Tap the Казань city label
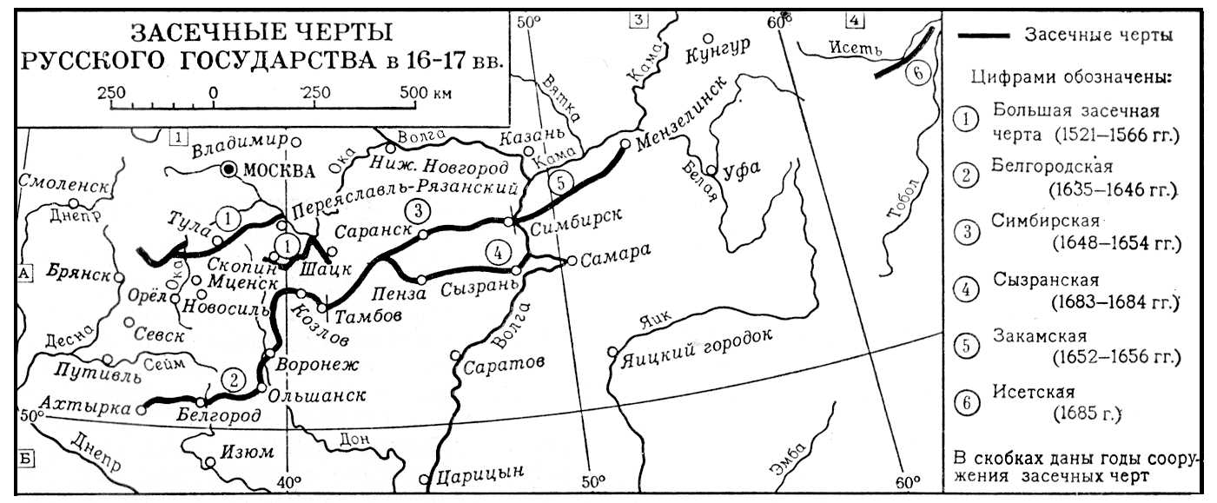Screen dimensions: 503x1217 pos(532,136)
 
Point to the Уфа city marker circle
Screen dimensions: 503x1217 pos(711,171)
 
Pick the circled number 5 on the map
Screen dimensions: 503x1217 pos(561,183)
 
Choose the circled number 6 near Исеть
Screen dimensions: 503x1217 pos(916,74)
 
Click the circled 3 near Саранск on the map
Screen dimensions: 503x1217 pos(418,210)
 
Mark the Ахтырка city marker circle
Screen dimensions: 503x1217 pos(142,411)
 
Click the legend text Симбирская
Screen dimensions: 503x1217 pos(1045,220)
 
